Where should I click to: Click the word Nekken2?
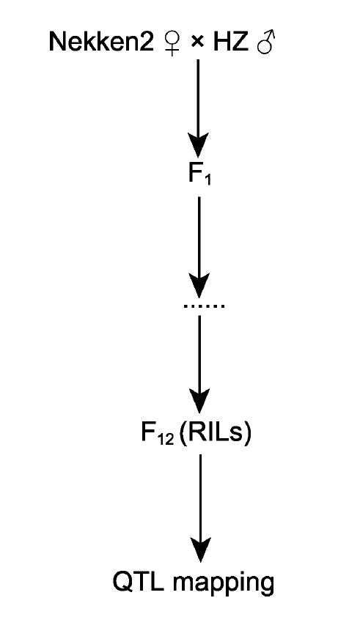click(101, 41)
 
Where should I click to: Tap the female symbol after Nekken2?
click(172, 43)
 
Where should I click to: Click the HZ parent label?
click(230, 41)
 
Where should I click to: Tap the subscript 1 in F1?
click(207, 180)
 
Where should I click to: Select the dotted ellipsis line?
click(204, 306)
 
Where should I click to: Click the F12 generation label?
click(158, 433)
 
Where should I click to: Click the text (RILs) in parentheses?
click(216, 432)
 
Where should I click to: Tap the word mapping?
click(224, 583)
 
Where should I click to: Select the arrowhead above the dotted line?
click(199, 285)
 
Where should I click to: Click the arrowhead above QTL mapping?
click(200, 548)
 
